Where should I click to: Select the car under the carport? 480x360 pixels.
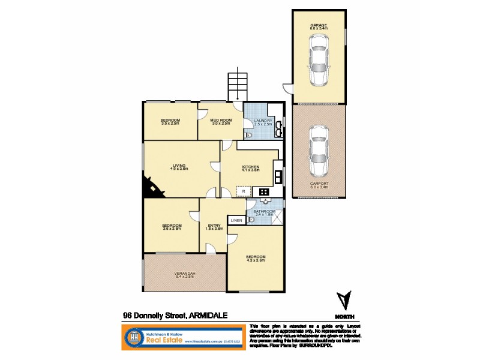[x=318, y=150]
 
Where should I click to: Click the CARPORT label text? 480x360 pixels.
[x=318, y=184]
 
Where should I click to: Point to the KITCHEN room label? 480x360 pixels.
[x=250, y=166]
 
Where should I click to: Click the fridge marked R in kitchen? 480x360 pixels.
[x=244, y=191]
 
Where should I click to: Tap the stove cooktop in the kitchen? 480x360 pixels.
[x=263, y=191]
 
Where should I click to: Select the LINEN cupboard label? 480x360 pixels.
[x=236, y=221]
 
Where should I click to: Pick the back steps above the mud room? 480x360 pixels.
[x=237, y=86]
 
